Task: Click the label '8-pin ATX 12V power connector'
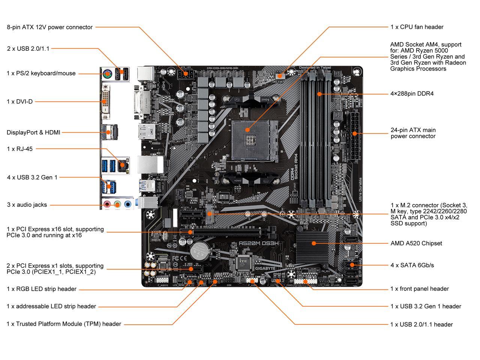click(x=49, y=27)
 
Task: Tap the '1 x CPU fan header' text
click(x=417, y=27)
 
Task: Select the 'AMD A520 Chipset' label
click(x=416, y=243)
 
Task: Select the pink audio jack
click(x=107, y=205)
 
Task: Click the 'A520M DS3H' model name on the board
click(x=258, y=243)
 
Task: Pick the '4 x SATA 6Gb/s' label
click(x=412, y=265)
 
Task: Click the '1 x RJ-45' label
click(x=19, y=149)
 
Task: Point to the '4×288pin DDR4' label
click(x=412, y=94)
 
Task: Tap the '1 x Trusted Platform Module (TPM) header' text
click(x=64, y=324)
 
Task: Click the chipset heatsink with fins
click(x=313, y=243)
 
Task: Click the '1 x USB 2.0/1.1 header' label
click(x=421, y=324)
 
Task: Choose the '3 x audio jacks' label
click(x=27, y=205)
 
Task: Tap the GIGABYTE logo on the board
click(x=265, y=268)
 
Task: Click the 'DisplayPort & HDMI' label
click(x=33, y=132)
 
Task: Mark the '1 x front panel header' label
click(x=420, y=289)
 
